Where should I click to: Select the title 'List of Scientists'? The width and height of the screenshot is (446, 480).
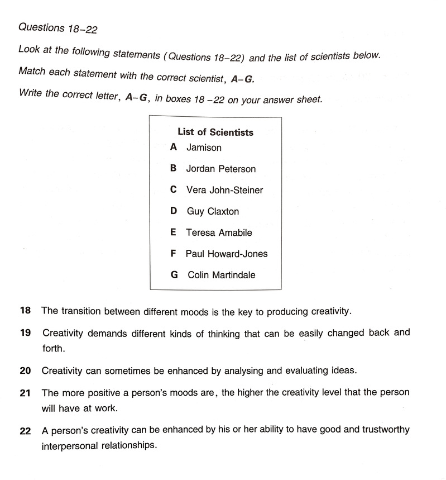(215, 132)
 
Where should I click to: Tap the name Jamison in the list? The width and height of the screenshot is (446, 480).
(204, 148)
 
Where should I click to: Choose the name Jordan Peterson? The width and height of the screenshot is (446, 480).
(220, 169)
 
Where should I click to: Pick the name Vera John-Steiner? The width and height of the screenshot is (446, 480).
(224, 190)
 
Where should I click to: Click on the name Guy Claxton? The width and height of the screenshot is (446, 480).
(212, 211)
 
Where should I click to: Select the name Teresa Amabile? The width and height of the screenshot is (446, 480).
(219, 232)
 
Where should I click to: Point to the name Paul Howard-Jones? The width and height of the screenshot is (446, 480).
(227, 254)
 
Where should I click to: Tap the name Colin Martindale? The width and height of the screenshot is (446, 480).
(221, 275)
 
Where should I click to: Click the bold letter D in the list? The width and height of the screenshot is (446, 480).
(174, 211)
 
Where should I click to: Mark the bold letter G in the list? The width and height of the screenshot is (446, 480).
(174, 275)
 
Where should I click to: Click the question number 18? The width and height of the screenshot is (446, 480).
(25, 311)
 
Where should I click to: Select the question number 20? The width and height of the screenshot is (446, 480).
(25, 370)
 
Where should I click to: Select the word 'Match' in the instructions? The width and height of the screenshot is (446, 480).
(32, 72)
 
